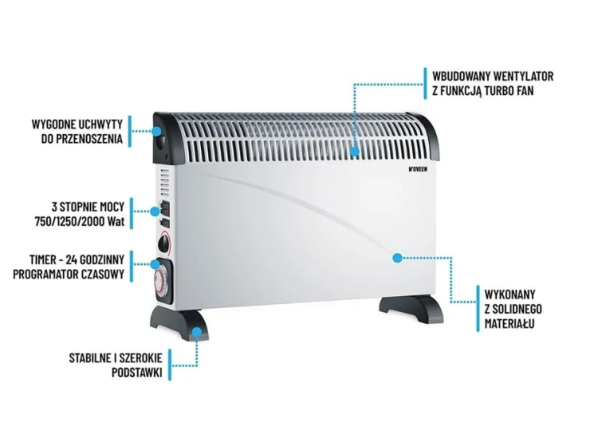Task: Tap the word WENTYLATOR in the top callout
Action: (x=523, y=76)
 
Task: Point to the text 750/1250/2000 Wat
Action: (x=80, y=221)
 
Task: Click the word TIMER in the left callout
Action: (x=43, y=259)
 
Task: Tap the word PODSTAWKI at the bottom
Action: (x=137, y=372)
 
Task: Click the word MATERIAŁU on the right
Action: (x=509, y=324)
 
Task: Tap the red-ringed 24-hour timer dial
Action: (x=160, y=281)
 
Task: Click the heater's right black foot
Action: (x=411, y=308)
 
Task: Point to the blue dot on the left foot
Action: (x=196, y=332)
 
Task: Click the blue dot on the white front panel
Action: (x=397, y=258)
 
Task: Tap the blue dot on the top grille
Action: (x=355, y=152)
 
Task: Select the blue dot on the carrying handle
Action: (x=156, y=131)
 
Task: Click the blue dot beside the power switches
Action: (x=155, y=211)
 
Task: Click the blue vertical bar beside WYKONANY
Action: (x=478, y=308)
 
